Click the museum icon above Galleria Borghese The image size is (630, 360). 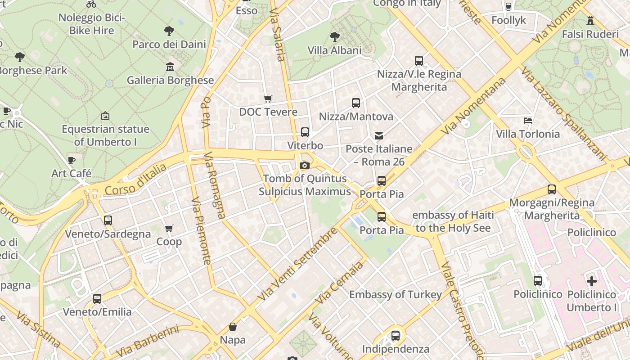pyautogui.click(x=170, y=67)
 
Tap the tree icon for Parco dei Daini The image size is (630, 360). pyautogui.click(x=169, y=31)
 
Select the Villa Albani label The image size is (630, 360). pyautogui.click(x=334, y=50)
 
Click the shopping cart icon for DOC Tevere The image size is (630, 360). pyautogui.click(x=268, y=99)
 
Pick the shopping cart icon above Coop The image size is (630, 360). pyautogui.click(x=169, y=229)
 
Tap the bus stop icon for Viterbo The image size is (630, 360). pyautogui.click(x=305, y=132)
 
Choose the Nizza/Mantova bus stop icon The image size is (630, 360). pyautogui.click(x=356, y=103)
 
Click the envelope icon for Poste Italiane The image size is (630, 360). pyautogui.click(x=379, y=135)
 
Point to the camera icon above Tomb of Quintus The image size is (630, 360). pyautogui.click(x=305, y=165)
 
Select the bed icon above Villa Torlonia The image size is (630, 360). pyautogui.click(x=528, y=120)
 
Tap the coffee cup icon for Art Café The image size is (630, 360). pyautogui.click(x=72, y=160)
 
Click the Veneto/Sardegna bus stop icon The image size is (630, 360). pyautogui.click(x=108, y=220)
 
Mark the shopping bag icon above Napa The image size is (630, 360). pyautogui.click(x=233, y=326)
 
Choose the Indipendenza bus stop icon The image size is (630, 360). pyautogui.click(x=396, y=335)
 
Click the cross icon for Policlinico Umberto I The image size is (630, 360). pyautogui.click(x=592, y=281)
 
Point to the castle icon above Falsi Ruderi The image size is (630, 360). pyautogui.click(x=590, y=20)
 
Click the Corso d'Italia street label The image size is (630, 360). pyautogui.click(x=135, y=180)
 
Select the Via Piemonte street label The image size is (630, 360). pyautogui.click(x=201, y=230)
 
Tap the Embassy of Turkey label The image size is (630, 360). pyautogui.click(x=396, y=295)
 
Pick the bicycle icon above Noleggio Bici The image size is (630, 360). pyautogui.click(x=91, y=4)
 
